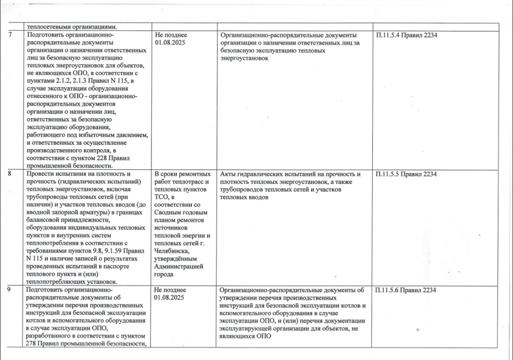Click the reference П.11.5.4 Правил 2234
tap(406, 35)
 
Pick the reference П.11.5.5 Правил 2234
tap(406, 174)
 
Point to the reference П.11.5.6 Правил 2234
tap(406, 290)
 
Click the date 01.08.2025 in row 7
tap(170, 43)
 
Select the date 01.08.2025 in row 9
tap(170, 297)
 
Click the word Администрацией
tap(179, 267)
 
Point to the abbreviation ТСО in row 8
tap(162, 197)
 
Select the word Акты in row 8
tap(229, 174)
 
